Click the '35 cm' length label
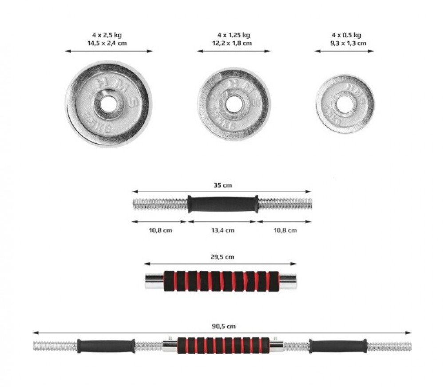(222, 185)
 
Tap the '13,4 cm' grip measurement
(222, 230)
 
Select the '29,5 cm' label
(222, 257)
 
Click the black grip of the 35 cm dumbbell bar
(222, 203)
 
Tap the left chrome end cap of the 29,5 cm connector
(154, 281)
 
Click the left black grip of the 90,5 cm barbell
(106, 345)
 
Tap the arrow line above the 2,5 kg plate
(109, 51)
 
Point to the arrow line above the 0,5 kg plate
(345, 51)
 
